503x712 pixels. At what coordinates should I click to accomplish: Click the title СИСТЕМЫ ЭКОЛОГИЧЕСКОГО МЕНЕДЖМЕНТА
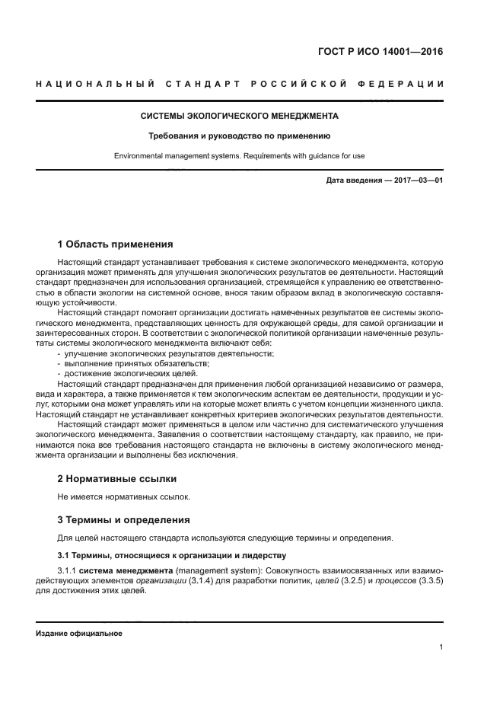click(240, 117)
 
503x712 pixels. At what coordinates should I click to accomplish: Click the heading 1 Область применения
click(116, 244)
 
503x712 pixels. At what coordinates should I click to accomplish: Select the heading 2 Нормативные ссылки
click(117, 479)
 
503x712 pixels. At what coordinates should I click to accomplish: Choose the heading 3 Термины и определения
click(124, 520)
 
